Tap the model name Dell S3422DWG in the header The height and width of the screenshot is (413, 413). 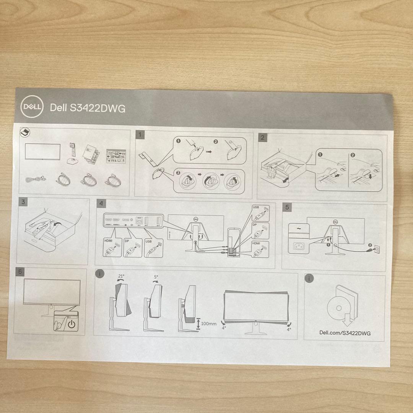88,108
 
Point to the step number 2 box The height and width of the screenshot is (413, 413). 262,137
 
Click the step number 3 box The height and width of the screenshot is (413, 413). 24,202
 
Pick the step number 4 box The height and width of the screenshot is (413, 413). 100,203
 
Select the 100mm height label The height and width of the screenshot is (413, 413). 208,324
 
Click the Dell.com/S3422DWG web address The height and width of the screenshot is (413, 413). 345,333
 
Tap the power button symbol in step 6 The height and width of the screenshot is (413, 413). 72,324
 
